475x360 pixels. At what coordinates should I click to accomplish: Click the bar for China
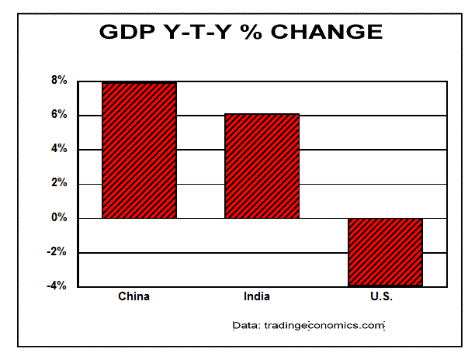139,150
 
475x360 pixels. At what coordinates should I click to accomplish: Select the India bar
262,166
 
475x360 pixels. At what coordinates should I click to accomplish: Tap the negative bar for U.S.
385,252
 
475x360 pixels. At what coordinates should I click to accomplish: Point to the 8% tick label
59,81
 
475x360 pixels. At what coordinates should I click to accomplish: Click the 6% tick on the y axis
59,115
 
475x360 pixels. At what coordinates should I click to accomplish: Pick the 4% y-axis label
59,149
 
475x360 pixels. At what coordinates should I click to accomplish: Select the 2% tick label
59,184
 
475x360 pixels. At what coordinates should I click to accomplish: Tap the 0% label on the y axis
59,218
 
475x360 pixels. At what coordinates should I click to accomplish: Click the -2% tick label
58,252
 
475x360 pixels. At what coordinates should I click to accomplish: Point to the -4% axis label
58,286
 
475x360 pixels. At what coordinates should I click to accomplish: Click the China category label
133,296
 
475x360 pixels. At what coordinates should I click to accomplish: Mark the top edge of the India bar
262,114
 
